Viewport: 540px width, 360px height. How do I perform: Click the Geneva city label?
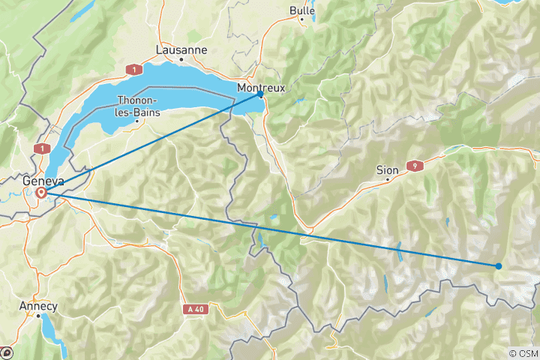(43, 181)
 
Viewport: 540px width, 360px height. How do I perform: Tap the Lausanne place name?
(181, 50)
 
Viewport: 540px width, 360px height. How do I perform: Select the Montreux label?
(260, 88)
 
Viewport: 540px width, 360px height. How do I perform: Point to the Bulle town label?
(302, 10)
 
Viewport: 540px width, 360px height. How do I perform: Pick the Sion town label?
(387, 170)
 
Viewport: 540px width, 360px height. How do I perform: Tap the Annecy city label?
(40, 306)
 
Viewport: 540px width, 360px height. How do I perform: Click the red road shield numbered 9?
(413, 165)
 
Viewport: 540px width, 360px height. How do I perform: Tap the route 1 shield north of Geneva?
(41, 149)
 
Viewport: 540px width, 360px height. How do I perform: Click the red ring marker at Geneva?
(41, 193)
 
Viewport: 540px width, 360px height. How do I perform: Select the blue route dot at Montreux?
(260, 94)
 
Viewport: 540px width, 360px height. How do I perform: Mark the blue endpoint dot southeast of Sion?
(499, 265)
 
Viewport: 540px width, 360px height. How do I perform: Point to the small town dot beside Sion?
(387, 180)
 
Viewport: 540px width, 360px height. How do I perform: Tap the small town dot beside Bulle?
(302, 19)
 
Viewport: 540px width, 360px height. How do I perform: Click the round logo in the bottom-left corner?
(7, 352)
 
